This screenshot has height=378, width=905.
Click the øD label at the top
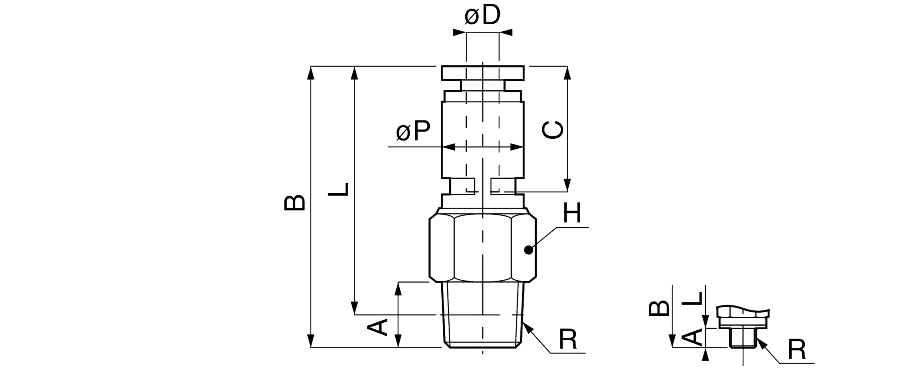click(x=482, y=16)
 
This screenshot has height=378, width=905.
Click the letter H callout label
click(x=572, y=213)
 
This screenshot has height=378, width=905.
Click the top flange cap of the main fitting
click(x=483, y=73)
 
